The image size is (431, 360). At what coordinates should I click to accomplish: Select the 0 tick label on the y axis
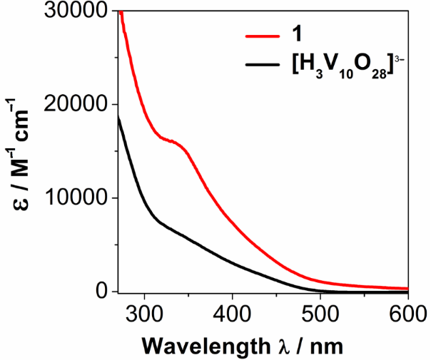coord(103,292)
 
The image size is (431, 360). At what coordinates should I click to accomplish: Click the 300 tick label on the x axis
coord(145,314)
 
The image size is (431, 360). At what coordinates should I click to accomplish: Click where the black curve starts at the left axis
coord(118,117)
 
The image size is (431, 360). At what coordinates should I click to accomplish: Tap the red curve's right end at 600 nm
coord(407,288)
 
